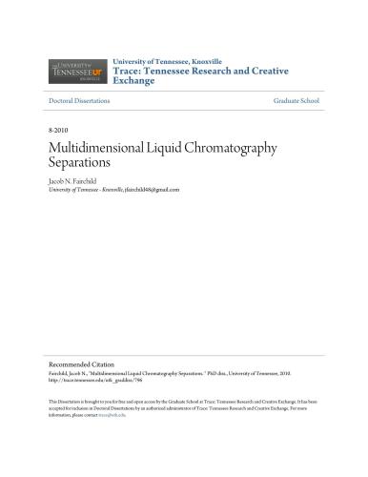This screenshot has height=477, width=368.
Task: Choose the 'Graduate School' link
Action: point(296,100)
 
